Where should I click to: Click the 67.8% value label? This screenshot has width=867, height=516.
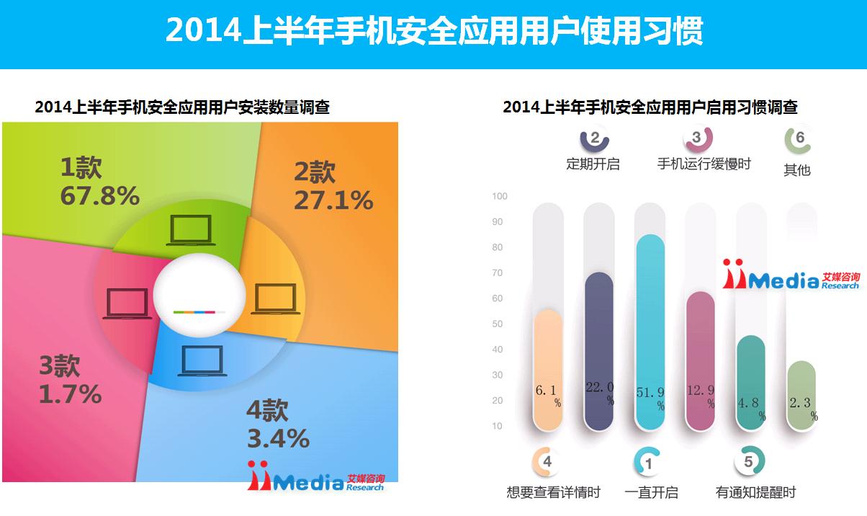coord(100,195)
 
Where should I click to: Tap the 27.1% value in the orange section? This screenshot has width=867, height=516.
coord(333,200)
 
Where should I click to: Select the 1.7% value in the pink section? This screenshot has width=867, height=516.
coord(70,394)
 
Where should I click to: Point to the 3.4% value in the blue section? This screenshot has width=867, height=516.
coord(278,438)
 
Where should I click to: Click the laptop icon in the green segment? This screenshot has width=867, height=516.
coord(191,231)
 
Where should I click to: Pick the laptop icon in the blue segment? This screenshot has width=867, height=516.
coord(202,361)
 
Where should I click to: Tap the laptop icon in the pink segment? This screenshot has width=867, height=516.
coord(127,303)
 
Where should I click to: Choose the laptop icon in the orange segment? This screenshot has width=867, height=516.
coord(275,298)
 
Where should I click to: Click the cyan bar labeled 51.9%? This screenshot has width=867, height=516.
coord(650,332)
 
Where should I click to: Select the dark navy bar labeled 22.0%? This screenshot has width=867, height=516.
coord(599,351)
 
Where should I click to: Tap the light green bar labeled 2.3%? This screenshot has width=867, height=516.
coord(801,396)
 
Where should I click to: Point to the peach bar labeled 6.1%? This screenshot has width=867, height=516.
coord(548,370)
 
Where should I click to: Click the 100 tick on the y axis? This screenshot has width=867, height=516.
coord(499,196)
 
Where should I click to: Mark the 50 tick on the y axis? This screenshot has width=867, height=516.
coord(498,324)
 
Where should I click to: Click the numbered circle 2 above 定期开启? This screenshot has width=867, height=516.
coord(595,138)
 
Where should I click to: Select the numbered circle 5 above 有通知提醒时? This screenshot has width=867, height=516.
coord(749,461)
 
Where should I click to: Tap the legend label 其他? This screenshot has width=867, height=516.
coord(797,169)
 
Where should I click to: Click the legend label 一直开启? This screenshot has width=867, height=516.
coord(652,492)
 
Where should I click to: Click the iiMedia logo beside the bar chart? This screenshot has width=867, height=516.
coord(791,275)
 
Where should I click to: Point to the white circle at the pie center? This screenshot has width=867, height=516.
coord(199,295)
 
